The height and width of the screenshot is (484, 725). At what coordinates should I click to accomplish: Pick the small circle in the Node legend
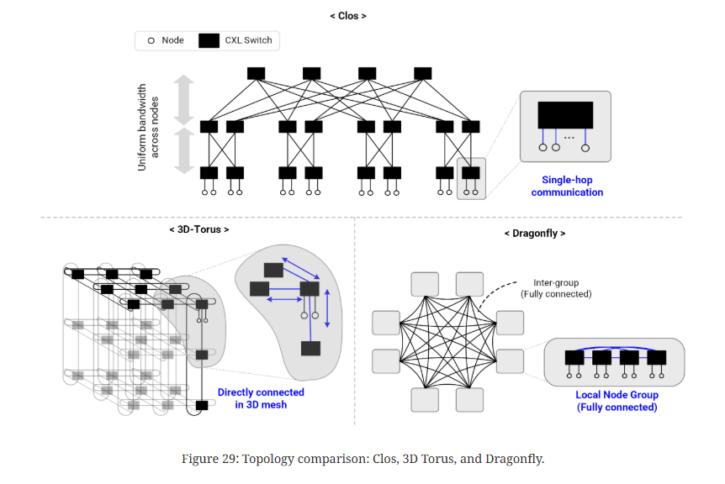(x=151, y=40)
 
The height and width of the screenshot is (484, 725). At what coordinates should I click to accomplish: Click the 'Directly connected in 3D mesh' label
(x=261, y=398)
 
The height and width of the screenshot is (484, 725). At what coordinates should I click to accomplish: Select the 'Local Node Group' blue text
(x=617, y=395)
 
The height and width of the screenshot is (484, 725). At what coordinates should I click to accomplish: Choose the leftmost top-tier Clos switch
(x=257, y=73)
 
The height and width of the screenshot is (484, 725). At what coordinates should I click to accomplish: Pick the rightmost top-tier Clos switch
(x=422, y=73)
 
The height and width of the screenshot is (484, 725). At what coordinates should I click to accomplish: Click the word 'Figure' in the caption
(x=203, y=459)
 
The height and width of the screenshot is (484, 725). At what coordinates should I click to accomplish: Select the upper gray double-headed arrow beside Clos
(x=185, y=99)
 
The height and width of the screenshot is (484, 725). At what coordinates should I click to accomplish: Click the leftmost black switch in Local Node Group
(x=575, y=357)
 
